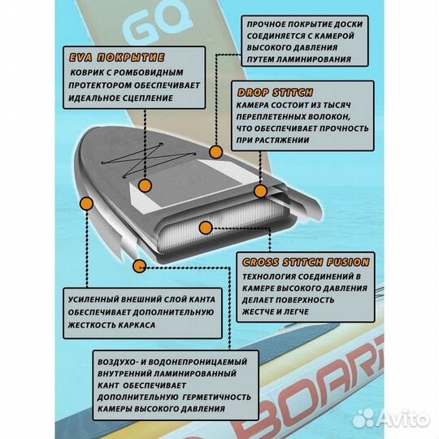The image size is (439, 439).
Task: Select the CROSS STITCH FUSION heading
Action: (304, 262)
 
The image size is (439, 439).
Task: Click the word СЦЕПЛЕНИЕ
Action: (146, 98)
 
